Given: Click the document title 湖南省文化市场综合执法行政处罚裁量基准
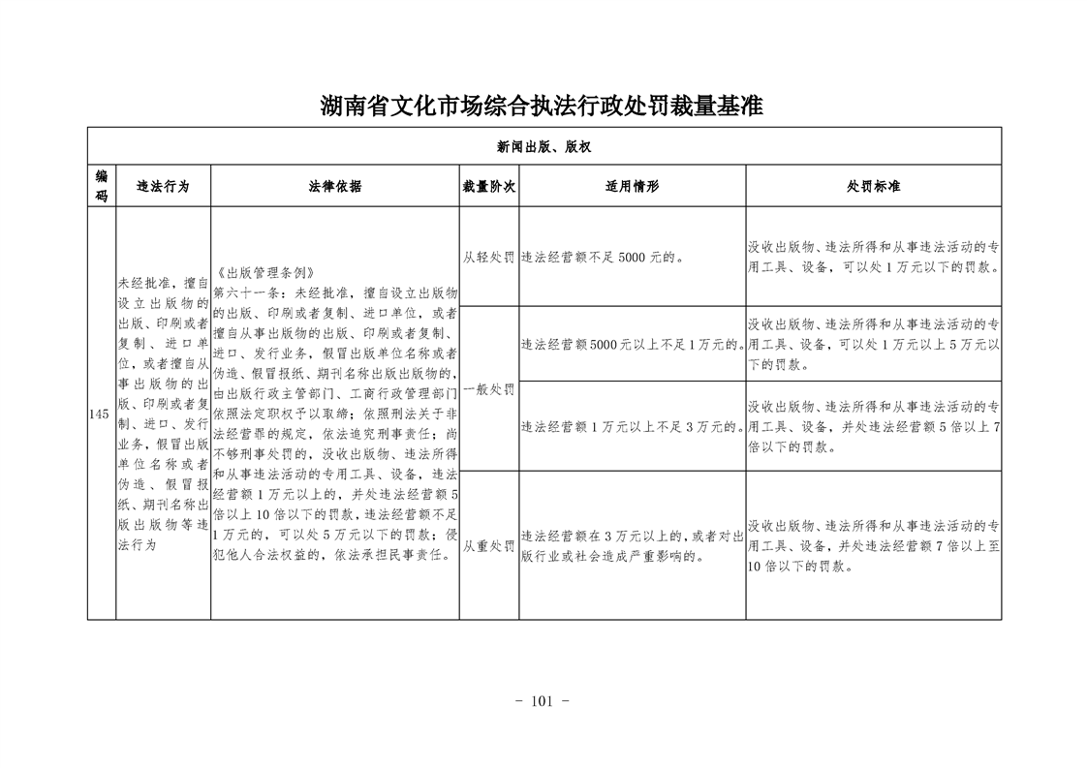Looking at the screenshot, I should point(543,106).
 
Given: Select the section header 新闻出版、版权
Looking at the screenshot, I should point(543,146).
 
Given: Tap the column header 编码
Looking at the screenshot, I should point(101,185).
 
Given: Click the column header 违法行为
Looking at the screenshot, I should point(162,186).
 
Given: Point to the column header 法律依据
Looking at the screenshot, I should point(334,186).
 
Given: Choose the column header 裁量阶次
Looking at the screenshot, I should point(488,186).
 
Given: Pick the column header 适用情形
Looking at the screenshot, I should point(632,186).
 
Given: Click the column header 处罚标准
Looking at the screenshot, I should point(873,186).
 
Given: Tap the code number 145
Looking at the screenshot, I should point(100,415).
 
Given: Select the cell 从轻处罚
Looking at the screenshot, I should point(488,258).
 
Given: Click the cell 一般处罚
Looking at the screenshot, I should point(488,389).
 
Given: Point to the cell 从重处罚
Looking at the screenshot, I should point(488,546).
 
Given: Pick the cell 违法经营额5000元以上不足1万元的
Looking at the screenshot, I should point(632,344).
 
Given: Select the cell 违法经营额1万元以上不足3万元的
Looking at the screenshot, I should point(632,426).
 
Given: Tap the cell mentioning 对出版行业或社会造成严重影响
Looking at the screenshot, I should point(632,546).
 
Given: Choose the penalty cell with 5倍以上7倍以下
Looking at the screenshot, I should point(873,426).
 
